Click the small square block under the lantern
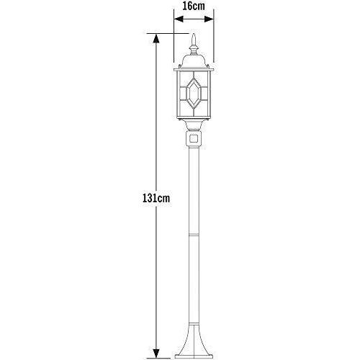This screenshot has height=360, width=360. pyautogui.click(x=193, y=135)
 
